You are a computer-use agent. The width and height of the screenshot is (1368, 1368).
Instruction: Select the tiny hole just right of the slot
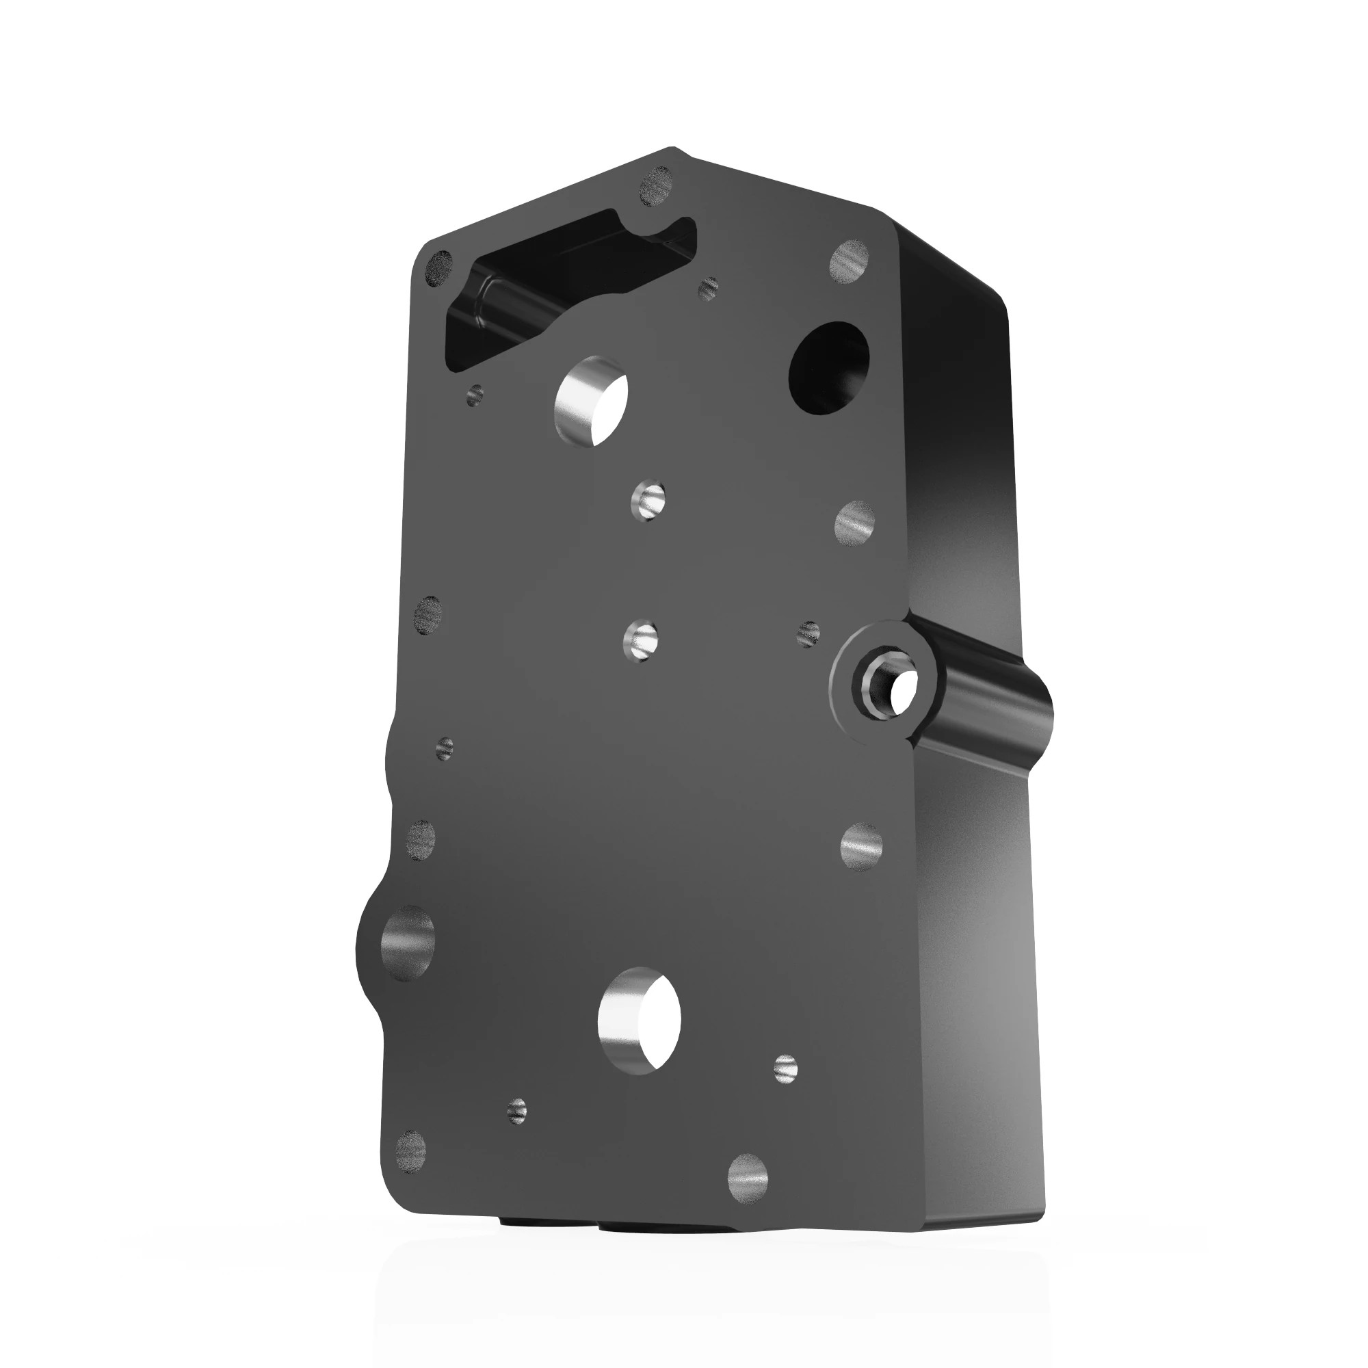[708, 287]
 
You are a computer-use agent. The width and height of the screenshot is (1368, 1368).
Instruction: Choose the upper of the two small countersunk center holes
[648, 501]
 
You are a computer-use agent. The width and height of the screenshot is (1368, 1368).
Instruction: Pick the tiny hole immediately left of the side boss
[808, 632]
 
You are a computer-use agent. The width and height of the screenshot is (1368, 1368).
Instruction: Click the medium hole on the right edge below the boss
[862, 845]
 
